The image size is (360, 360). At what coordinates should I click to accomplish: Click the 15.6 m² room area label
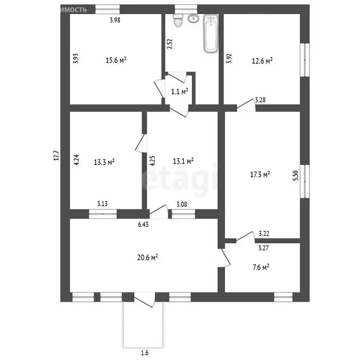pyautogui.click(x=116, y=60)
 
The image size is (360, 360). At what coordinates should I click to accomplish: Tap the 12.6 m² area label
pyautogui.click(x=262, y=60)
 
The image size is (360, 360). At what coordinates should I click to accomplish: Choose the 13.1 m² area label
pyautogui.click(x=183, y=161)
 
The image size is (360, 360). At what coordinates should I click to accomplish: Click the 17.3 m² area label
pyautogui.click(x=260, y=174)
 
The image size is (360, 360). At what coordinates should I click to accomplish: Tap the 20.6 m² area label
pyautogui.click(x=147, y=257)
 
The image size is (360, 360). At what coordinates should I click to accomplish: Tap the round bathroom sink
pyautogui.click(x=193, y=19)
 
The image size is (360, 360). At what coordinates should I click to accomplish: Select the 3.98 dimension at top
pyautogui.click(x=115, y=20)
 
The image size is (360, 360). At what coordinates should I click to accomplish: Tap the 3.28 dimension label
pyautogui.click(x=261, y=100)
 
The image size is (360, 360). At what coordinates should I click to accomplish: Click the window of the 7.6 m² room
pyautogui.click(x=283, y=297)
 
